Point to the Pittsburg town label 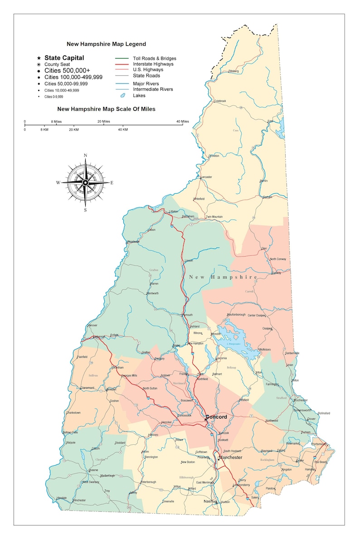tap(233, 71)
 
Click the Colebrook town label tap(220, 101)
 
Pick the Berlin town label tap(263, 181)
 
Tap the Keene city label tap(94, 470)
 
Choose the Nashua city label tap(210, 501)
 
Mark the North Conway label tap(278, 259)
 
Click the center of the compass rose tap(85, 182)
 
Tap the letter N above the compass tap(85, 156)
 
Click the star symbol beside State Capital tap(39, 58)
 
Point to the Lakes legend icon tap(122, 96)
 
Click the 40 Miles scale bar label tap(182, 121)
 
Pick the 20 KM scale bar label tap(73, 130)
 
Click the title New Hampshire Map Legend tap(106, 44)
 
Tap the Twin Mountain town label tap(214, 217)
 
